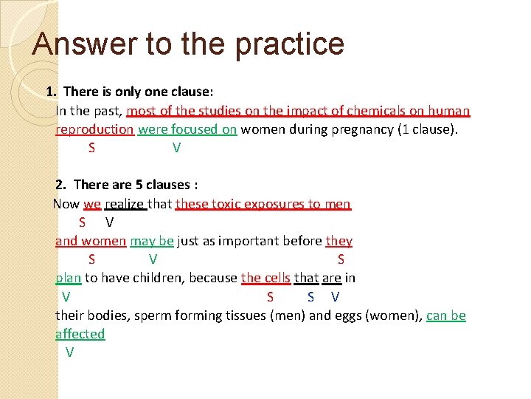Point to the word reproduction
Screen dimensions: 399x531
click(94, 129)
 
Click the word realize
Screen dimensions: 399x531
click(125, 203)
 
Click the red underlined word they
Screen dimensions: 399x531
click(339, 241)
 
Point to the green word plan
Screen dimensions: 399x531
click(68, 279)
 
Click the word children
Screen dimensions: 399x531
click(158, 279)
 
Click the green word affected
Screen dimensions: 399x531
click(80, 334)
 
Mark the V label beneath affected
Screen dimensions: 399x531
click(69, 352)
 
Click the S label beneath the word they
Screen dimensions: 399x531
click(341, 259)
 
